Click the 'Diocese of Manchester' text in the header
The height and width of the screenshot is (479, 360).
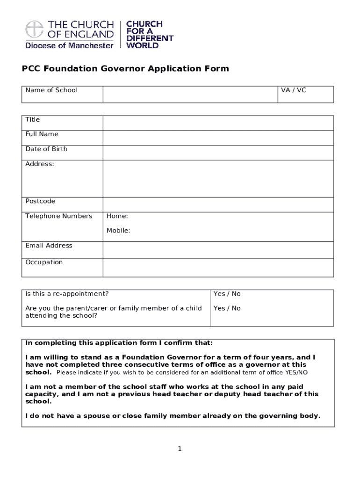point(69,45)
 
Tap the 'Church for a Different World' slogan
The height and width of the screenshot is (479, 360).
point(150,35)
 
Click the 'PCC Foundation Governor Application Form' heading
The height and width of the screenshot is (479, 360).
point(125,69)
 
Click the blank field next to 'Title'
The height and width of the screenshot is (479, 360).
point(218,123)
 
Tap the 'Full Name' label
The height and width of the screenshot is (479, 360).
point(42,134)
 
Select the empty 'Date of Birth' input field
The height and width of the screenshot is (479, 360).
point(218,152)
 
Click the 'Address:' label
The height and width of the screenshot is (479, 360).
point(39,164)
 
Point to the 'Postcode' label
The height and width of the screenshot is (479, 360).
point(40,201)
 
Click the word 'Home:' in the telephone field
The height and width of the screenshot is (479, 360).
point(117,216)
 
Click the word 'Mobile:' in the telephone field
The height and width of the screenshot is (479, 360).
point(118,231)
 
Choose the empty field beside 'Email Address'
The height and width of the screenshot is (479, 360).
point(218,249)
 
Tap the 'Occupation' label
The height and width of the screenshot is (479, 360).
point(44,262)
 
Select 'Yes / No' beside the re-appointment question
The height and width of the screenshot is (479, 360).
point(227,294)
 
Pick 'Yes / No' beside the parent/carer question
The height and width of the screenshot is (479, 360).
point(227,308)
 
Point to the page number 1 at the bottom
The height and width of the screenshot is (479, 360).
point(179,449)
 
